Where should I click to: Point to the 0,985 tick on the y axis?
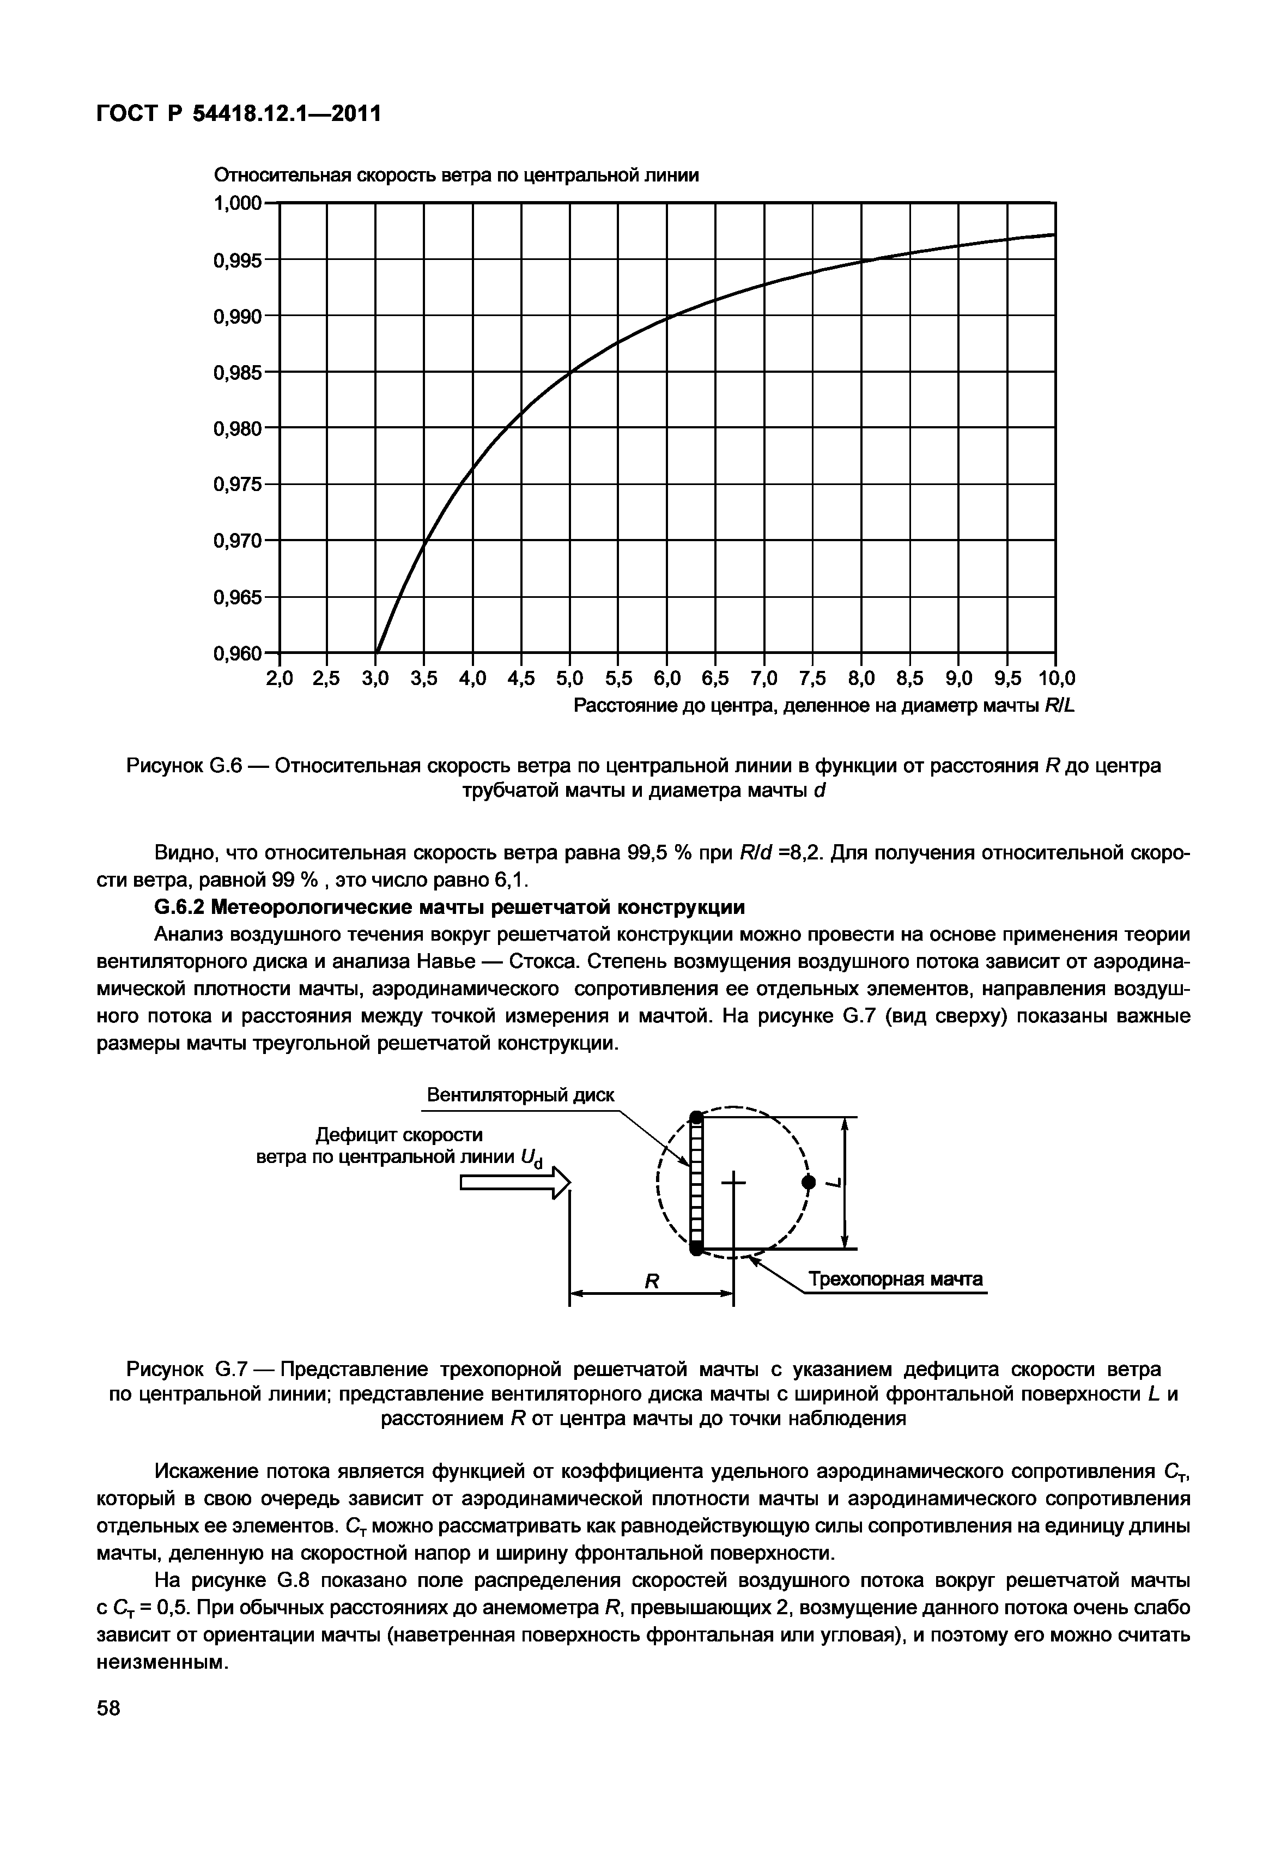[238, 373]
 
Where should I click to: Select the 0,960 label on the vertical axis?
[238, 653]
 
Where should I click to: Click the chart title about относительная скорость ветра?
[456, 176]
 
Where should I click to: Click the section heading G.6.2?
[449, 907]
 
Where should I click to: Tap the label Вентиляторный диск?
[520, 1095]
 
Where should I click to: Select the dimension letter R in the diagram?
[652, 1281]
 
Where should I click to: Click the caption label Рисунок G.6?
[185, 765]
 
